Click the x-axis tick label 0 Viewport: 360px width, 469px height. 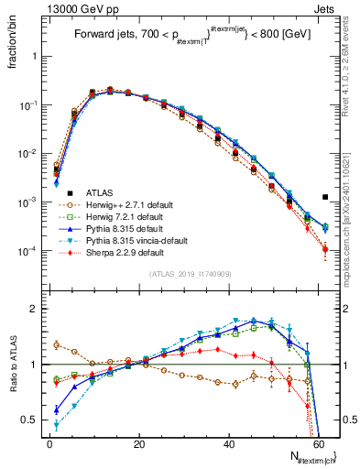(x=49, y=442)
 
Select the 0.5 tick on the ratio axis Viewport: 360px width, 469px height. (x=32, y=420)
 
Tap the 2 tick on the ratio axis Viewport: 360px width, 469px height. (x=37, y=309)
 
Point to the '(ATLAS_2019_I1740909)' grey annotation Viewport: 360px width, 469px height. (x=189, y=274)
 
